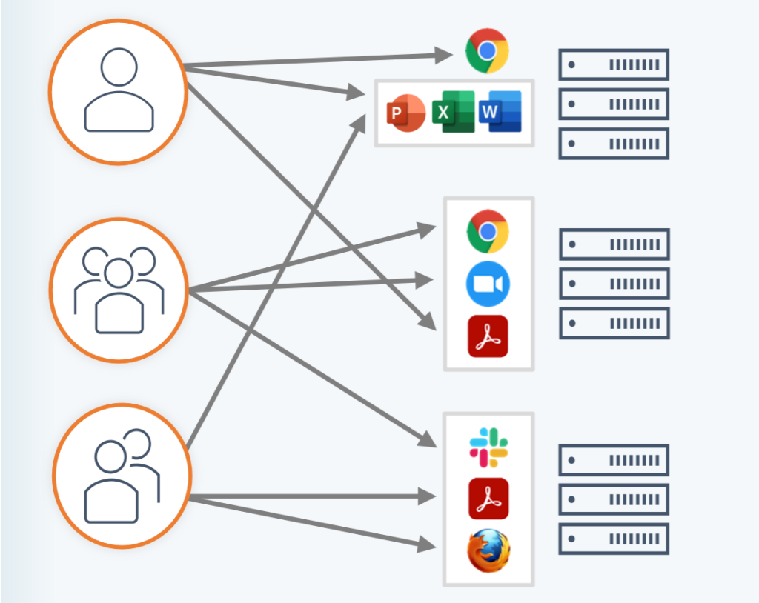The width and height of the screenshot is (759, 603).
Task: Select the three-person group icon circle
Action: (x=119, y=290)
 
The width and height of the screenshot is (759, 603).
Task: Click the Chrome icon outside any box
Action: (x=487, y=50)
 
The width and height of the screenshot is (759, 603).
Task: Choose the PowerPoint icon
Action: (x=405, y=113)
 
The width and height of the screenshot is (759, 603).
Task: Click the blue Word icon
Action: (x=500, y=112)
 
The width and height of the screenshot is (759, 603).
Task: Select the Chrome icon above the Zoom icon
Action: (x=488, y=231)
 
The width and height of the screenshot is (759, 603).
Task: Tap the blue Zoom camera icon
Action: (x=488, y=284)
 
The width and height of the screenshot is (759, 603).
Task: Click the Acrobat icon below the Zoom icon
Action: (x=488, y=336)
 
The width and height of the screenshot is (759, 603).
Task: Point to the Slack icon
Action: (x=488, y=447)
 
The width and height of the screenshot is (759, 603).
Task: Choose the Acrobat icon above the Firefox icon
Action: (x=488, y=498)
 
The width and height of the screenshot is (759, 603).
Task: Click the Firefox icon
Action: (x=488, y=551)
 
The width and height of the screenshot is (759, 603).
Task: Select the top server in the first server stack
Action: (x=614, y=64)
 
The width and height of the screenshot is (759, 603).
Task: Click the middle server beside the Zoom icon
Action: (x=614, y=284)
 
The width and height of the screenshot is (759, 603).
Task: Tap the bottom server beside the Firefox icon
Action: (x=614, y=539)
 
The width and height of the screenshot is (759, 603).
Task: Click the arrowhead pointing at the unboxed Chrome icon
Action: (x=445, y=53)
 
